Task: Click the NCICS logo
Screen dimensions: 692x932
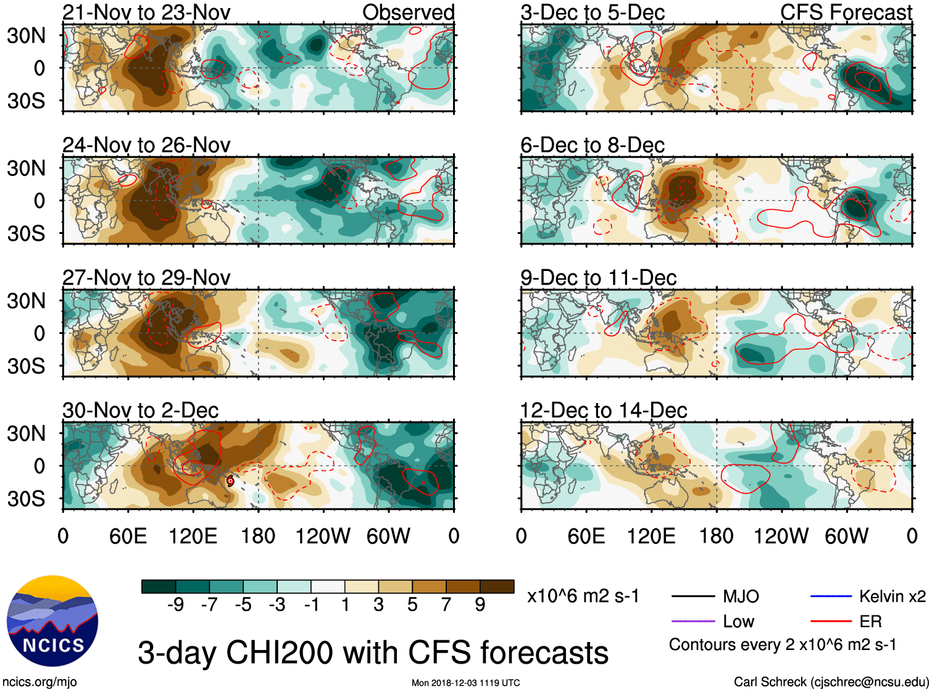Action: (52, 621)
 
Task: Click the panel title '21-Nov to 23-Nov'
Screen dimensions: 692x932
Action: (146, 12)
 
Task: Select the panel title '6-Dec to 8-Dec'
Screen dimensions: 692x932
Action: (592, 145)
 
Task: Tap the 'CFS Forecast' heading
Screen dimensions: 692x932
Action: (846, 12)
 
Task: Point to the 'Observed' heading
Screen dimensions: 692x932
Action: (408, 12)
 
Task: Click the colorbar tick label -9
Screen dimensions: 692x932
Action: (175, 605)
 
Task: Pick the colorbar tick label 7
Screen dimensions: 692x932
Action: (446, 605)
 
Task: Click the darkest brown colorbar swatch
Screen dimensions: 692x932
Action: (497, 586)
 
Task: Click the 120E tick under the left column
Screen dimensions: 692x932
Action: (193, 536)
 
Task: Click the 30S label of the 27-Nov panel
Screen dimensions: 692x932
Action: (26, 366)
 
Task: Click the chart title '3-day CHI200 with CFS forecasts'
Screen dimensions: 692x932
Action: (373, 653)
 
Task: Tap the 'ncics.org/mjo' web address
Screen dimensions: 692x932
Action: (40, 682)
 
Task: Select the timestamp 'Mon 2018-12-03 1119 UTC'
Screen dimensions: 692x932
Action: (465, 683)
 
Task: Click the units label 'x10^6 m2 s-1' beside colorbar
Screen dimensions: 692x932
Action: (583, 596)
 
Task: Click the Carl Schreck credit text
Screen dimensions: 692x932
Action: (831, 682)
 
